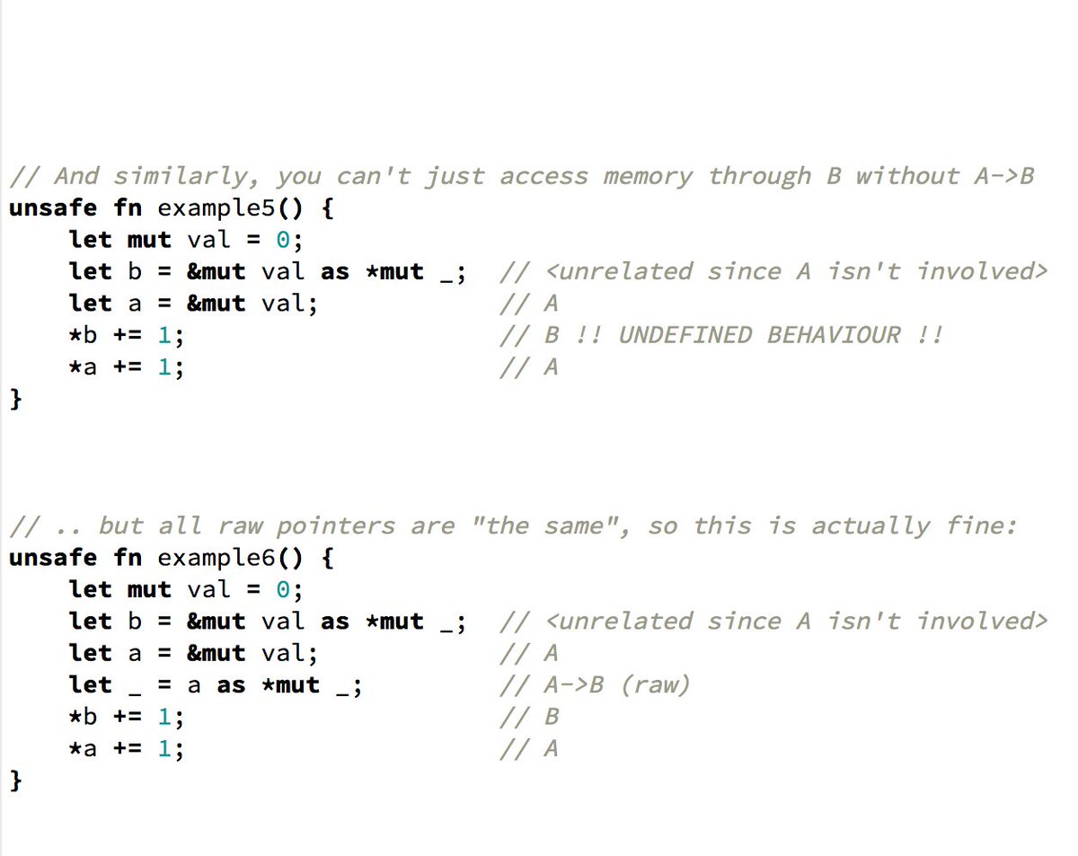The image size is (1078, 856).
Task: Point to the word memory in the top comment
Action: [648, 176]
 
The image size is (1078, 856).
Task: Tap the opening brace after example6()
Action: [327, 558]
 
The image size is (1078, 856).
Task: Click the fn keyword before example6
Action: [128, 558]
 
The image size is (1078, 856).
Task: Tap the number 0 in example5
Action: [283, 240]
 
